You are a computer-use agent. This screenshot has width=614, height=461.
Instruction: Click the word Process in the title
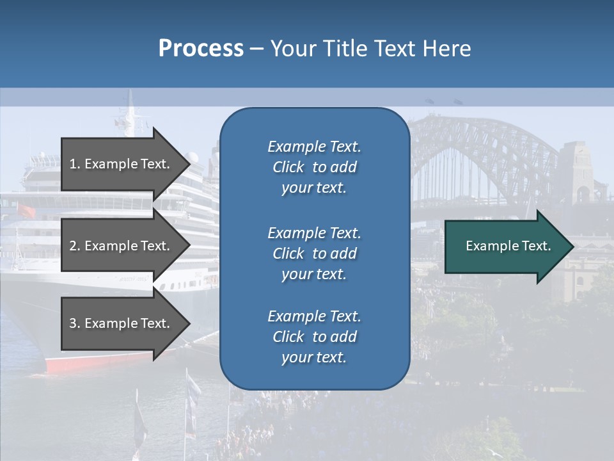[201, 49]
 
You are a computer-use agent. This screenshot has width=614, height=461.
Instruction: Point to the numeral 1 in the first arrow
[73, 164]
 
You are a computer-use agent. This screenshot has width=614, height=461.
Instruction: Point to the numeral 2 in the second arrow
[73, 246]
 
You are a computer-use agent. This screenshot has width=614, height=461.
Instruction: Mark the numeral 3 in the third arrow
[73, 323]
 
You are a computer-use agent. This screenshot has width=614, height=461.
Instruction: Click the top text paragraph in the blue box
[314, 167]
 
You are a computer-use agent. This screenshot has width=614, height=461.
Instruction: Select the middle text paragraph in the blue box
[314, 254]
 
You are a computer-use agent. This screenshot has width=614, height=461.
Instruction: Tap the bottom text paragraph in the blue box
[314, 337]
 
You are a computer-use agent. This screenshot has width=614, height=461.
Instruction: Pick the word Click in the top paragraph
[288, 167]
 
